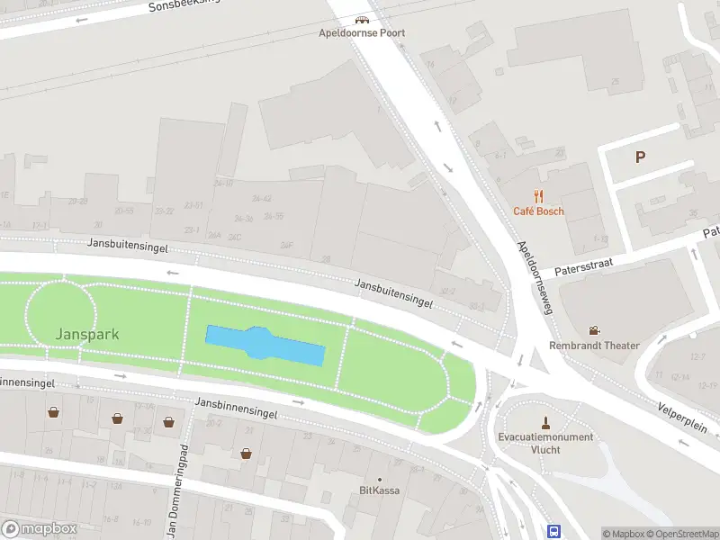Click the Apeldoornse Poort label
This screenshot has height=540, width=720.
[x=362, y=33]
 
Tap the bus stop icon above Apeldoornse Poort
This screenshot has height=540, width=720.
[x=362, y=19]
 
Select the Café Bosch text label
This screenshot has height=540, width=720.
[x=538, y=211]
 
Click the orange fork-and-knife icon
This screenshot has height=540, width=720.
[x=538, y=196]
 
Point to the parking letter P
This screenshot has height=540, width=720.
[x=640, y=157]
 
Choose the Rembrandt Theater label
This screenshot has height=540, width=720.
[x=594, y=346]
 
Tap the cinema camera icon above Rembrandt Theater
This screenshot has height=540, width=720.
[x=594, y=330]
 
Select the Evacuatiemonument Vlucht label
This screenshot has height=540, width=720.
[x=545, y=443]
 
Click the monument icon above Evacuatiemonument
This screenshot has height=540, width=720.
[x=545, y=422]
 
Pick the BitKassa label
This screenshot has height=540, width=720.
[x=379, y=490]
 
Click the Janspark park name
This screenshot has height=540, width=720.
[x=87, y=335]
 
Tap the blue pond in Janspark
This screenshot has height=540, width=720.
[x=265, y=345]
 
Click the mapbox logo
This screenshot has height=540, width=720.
[x=40, y=529]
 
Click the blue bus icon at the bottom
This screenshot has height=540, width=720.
[x=554, y=531]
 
